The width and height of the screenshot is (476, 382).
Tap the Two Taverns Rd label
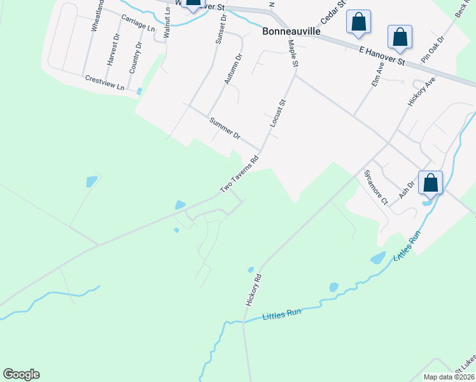coord(239,174)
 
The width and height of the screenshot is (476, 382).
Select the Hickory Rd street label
coord(253,289)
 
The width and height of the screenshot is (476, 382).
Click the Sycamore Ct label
coord(375,187)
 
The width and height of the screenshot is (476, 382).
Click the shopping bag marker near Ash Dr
coord(431,183)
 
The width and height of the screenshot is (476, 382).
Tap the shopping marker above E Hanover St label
coord(400,36)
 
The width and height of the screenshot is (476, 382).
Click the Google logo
coord(21,374)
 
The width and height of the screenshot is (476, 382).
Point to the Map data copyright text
coord(449,377)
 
